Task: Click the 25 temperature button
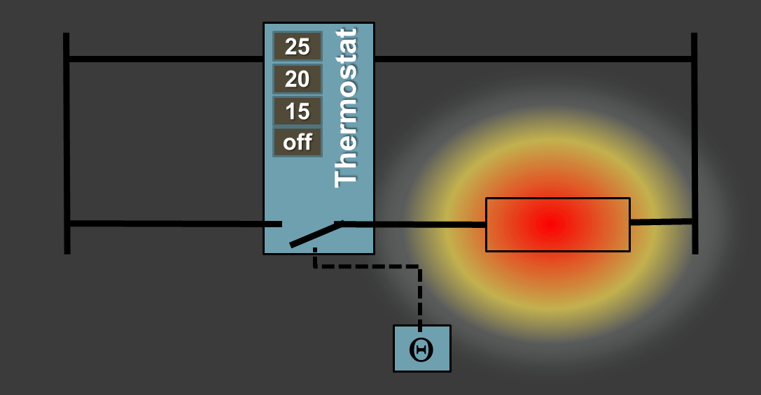(297, 47)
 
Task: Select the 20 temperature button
(297, 78)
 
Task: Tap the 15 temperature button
(297, 111)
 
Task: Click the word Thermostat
(346, 108)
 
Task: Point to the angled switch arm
(316, 234)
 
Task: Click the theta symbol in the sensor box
(421, 350)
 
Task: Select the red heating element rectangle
(558, 224)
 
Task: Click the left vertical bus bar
(67, 143)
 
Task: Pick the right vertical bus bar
(694, 143)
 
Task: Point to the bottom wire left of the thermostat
(176, 224)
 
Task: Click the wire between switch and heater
(414, 224)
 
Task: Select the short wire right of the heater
(661, 222)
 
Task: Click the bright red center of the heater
(552, 224)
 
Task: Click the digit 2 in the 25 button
(291, 47)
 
